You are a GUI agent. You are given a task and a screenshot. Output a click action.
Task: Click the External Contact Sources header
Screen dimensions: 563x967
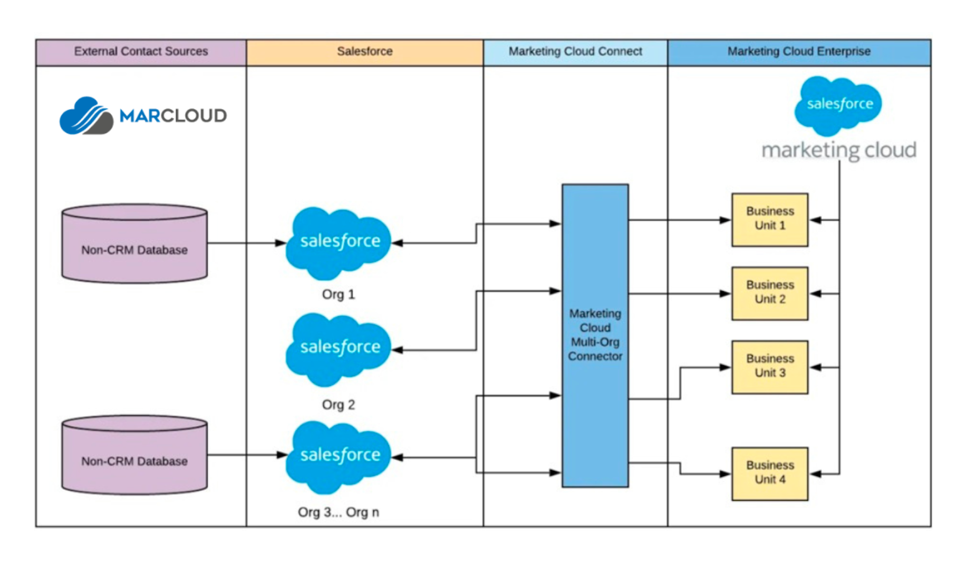click(141, 52)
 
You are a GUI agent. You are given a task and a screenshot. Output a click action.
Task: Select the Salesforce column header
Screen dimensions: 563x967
click(364, 52)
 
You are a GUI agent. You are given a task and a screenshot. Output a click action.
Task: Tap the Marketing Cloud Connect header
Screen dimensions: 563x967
click(575, 52)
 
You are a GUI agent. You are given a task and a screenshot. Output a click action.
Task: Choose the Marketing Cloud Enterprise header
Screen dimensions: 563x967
click(798, 52)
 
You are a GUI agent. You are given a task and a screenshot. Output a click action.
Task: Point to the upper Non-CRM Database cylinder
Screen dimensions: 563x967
click(134, 244)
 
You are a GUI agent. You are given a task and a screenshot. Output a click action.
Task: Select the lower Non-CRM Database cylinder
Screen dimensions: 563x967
click(134, 455)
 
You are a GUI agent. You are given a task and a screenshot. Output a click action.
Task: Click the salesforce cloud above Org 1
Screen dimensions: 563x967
click(339, 242)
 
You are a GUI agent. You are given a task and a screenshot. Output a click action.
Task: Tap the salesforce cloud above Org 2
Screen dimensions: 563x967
click(339, 349)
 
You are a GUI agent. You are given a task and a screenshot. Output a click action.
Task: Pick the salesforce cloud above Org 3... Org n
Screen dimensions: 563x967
click(339, 456)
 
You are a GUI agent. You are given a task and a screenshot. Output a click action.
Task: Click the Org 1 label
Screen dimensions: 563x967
click(338, 294)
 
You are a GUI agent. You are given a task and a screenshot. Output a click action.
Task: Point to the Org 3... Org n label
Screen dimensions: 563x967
click(338, 512)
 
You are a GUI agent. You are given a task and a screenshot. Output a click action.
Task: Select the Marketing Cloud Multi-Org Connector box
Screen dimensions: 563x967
click(595, 335)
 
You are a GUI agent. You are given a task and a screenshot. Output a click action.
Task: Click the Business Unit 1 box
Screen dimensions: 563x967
click(769, 219)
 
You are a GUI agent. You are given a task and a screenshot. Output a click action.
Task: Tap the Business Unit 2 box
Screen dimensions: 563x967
click(769, 293)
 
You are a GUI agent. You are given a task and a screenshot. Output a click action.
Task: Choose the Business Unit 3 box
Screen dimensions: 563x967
click(769, 367)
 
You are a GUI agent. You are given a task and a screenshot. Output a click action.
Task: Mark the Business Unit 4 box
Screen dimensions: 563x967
click(769, 473)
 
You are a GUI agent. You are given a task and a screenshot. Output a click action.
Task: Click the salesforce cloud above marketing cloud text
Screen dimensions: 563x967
click(838, 105)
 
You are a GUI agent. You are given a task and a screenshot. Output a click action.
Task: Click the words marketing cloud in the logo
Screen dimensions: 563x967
click(838, 151)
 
